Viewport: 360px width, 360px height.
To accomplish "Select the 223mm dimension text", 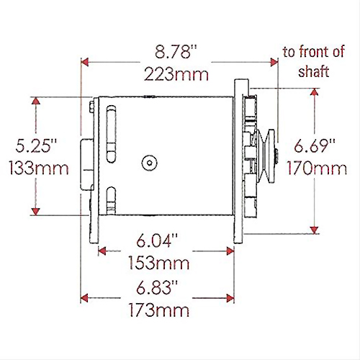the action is (176, 74).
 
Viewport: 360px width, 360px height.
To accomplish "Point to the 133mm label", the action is (39, 168).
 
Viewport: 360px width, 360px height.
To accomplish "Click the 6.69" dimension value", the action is (315, 145).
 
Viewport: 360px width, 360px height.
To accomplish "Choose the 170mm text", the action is (317, 168).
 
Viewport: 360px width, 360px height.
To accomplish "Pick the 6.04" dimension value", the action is (157, 240).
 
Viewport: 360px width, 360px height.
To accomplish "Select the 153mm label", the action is (159, 264).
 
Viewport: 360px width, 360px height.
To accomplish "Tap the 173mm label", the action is (159, 310).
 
